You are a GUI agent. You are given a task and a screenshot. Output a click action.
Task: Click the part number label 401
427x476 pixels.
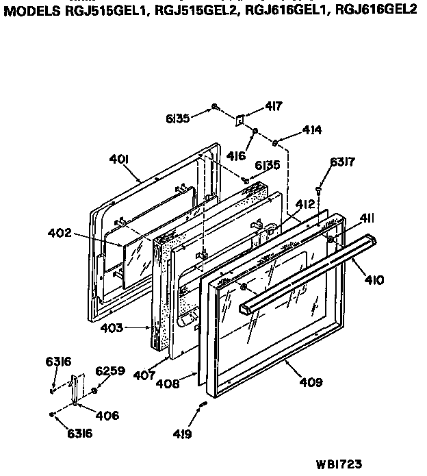[120, 160]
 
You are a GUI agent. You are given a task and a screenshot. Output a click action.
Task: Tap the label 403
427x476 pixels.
[112, 328]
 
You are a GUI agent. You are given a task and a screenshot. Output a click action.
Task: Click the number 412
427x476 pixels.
[306, 203]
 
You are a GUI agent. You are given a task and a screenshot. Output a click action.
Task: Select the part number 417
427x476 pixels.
[274, 106]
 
